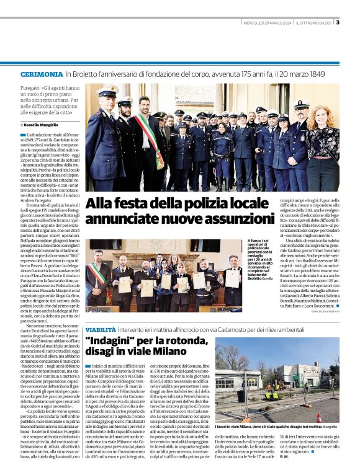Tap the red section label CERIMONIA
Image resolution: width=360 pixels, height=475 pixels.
[x=41, y=74]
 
